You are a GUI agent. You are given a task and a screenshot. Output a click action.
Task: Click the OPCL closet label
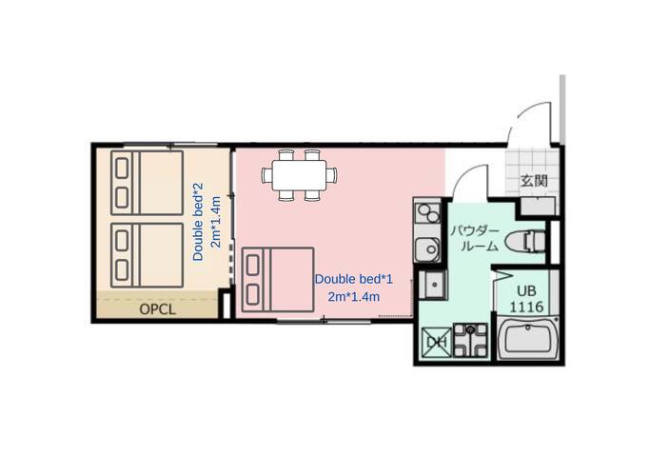coord(157,309)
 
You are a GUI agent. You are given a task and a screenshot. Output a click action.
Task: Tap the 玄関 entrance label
coord(534,181)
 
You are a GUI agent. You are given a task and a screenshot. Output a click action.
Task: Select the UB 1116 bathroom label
coord(526,299)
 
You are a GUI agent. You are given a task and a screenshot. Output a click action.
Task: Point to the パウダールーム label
coord(475,239)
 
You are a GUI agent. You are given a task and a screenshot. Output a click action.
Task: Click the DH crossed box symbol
coord(436,342)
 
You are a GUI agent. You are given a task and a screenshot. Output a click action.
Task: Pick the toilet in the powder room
coord(524,242)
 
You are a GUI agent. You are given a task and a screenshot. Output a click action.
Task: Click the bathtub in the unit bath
coord(528,339)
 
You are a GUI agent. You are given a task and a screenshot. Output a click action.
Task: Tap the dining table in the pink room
coord(299,175)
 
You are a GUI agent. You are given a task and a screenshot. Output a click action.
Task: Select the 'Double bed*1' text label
coord(353,279)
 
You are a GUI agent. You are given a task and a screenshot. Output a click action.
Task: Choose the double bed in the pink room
coord(277,280)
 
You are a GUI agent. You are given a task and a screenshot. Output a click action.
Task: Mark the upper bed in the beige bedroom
coord(148,183)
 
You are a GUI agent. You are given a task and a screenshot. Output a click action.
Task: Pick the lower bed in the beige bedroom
coord(148,255)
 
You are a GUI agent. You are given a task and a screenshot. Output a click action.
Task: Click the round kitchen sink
coord(428,248)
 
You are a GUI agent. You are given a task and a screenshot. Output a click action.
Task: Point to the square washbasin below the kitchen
coord(433,285)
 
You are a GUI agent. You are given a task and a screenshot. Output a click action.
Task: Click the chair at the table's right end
coord(331,175)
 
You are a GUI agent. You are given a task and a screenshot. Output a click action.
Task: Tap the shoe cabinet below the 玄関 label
coord(538,207)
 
